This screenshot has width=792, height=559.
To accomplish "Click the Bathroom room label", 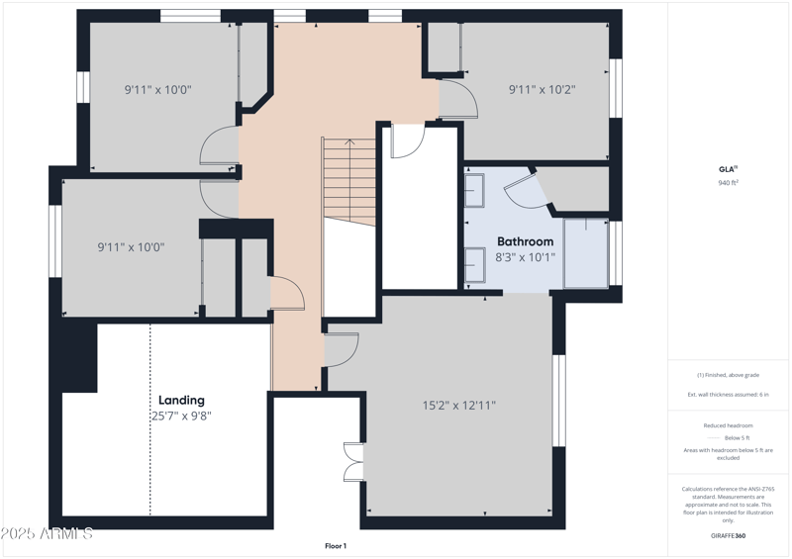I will [x=525, y=241].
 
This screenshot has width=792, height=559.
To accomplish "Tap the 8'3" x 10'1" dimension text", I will [x=525, y=257].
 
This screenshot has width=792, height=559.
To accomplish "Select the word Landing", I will [x=181, y=400].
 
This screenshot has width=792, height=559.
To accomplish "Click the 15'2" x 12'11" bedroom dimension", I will [x=458, y=405].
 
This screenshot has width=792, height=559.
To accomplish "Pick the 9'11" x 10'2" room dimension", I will [x=542, y=90].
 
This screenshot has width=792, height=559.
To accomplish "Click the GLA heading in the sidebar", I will [x=728, y=169].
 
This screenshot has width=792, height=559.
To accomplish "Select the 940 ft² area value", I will [x=729, y=183].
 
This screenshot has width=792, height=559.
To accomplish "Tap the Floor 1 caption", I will [x=336, y=546].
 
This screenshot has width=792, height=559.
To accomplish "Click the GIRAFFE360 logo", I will [x=728, y=535].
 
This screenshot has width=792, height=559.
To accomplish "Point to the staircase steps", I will [x=349, y=181].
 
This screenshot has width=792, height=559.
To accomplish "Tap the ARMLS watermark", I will [x=47, y=534].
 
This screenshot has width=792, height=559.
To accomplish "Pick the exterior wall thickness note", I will [x=728, y=394].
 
